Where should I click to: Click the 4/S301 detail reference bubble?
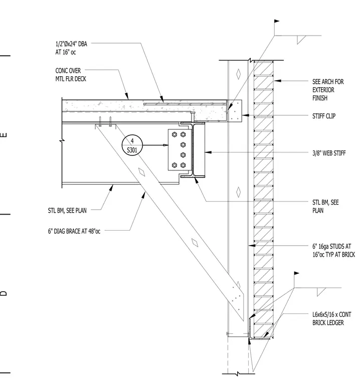pos(132,145)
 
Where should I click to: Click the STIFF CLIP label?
pos(324,116)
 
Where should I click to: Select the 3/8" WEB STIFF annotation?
pos(329,153)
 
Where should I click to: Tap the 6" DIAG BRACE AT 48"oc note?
pos(74,231)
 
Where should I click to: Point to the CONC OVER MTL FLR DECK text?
pos(71,75)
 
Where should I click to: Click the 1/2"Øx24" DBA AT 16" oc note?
pos(71,48)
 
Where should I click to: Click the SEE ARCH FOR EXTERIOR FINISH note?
pos(328,90)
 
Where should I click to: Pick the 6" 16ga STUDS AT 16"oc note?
pos(333,251)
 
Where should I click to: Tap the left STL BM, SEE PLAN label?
pos(67,211)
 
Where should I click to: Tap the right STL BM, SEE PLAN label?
pos(325,207)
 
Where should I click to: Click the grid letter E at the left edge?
pos(4,135)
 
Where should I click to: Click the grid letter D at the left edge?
pos(4,293)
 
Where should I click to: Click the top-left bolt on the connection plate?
pos(174,134)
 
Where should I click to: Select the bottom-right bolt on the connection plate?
pos(183,165)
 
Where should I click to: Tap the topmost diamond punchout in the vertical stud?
pos(239,74)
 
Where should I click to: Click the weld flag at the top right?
pos(277,21)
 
